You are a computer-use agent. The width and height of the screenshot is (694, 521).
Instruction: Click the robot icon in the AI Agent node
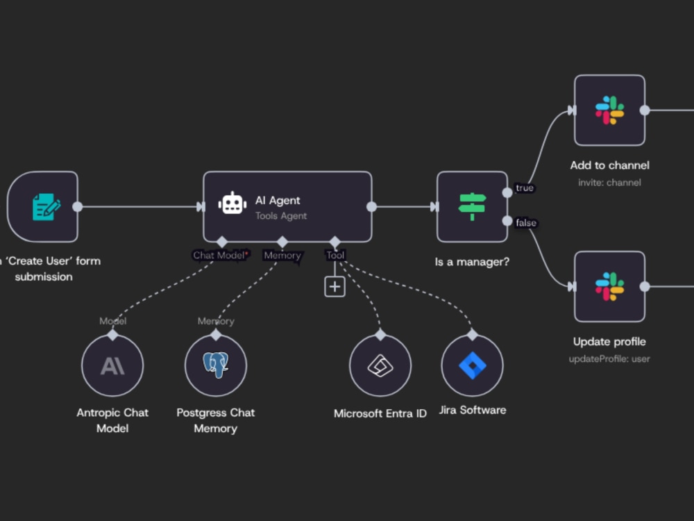pos(232,204)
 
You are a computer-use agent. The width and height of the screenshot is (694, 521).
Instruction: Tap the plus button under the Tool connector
pos(335,287)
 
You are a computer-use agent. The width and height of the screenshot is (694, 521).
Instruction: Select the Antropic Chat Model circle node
pos(112,365)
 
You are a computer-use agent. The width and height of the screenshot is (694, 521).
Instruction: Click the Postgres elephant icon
pos(216,365)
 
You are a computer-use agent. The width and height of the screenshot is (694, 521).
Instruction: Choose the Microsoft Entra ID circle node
pos(380,365)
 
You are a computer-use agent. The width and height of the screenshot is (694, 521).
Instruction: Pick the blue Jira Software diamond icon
pos(472,365)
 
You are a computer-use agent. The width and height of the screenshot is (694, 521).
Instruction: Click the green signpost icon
pos(472,206)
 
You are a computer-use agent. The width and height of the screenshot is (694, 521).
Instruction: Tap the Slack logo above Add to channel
pos(609,110)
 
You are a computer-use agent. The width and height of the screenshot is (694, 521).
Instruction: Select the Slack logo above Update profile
pos(609,287)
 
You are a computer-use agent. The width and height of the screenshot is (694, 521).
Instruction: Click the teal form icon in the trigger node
pos(46,206)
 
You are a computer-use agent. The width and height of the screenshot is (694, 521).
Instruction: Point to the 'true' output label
pos(525,188)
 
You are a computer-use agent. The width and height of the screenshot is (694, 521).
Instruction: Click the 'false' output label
pos(526,223)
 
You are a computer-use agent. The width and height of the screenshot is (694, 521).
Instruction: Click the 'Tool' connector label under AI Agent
pos(335,255)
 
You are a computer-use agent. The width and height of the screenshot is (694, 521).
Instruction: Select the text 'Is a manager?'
pos(472,262)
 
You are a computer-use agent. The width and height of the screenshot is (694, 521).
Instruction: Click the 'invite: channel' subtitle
pos(609,183)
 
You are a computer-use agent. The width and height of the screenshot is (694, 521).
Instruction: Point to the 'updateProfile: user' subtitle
pos(609,359)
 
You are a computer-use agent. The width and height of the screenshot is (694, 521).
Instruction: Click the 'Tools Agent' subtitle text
pos(280,216)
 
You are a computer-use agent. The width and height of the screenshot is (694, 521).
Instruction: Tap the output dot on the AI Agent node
pos(372,206)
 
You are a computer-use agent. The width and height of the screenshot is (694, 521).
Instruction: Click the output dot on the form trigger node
pos(78,206)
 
